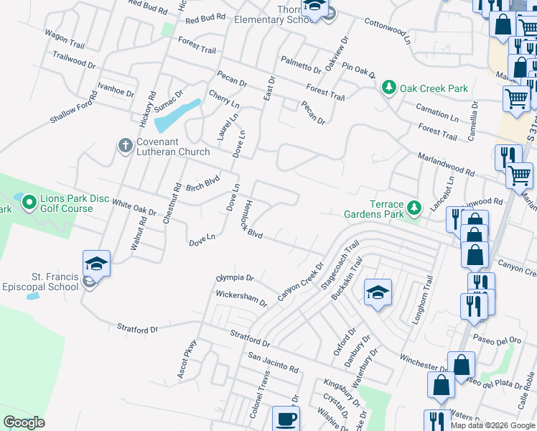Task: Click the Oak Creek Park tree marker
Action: click(x=389, y=88)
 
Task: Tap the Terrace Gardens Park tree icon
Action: click(x=414, y=208)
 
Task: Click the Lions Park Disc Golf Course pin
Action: click(x=29, y=203)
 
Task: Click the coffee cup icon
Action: click(x=286, y=418)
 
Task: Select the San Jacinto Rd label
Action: click(x=272, y=361)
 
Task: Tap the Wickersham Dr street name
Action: click(x=241, y=297)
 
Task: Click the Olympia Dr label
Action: click(x=235, y=277)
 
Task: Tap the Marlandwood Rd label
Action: click(x=445, y=164)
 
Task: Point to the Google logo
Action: click(x=24, y=422)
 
